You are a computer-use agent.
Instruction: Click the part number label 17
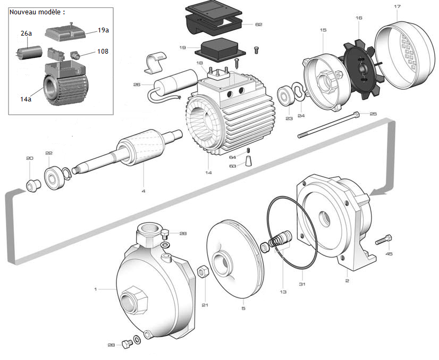tap(397, 7)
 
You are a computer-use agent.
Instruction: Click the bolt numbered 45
tap(384, 240)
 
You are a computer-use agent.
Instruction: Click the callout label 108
tap(103, 52)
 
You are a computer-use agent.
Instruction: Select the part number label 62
tap(258, 24)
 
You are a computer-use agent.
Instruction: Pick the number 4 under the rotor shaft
tap(143, 191)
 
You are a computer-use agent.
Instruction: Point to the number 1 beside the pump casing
tap(96, 289)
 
